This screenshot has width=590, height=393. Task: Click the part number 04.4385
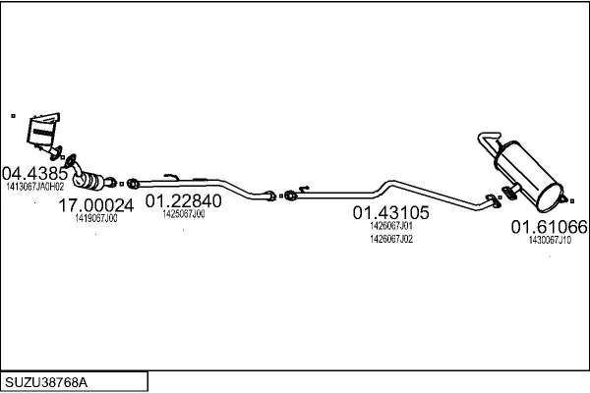pyautogui.click(x=34, y=174)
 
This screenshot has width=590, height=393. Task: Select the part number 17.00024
pyautogui.click(x=96, y=205)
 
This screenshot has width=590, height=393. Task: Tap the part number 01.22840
pyautogui.click(x=183, y=201)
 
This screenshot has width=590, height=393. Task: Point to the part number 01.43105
pyautogui.click(x=390, y=213)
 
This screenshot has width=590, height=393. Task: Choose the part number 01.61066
pyautogui.click(x=549, y=227)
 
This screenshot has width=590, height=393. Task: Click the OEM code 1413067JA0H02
pyautogui.click(x=35, y=187)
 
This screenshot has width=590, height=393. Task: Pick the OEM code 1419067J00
pyautogui.click(x=96, y=218)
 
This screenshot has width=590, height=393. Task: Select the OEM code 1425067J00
pyautogui.click(x=184, y=214)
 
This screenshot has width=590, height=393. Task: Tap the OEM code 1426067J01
pyautogui.click(x=391, y=226)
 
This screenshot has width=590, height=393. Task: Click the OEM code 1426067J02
pyautogui.click(x=391, y=239)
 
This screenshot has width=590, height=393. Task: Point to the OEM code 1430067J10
pyautogui.click(x=550, y=241)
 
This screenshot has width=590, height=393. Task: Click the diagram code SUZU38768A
pyautogui.click(x=46, y=382)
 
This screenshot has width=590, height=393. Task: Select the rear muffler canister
pyautogui.click(x=529, y=175)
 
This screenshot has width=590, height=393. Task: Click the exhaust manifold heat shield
pyautogui.click(x=42, y=131)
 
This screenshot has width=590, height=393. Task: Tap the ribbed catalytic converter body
pyautogui.click(x=91, y=181)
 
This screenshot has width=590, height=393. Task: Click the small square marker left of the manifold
pyautogui.click(x=13, y=116)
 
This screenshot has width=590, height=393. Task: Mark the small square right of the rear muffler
pyautogui.click(x=572, y=201)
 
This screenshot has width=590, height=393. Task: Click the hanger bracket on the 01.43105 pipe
pyautogui.click(x=303, y=188)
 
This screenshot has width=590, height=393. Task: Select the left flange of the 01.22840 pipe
pyautogui.click(x=133, y=184)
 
